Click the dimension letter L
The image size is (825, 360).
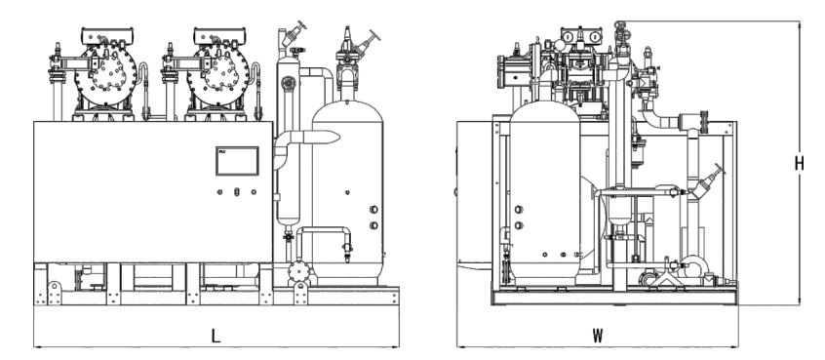[x=216, y=336]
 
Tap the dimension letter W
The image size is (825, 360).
[x=597, y=336]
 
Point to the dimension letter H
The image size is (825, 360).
[x=800, y=164]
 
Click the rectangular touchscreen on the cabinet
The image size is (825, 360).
[x=237, y=161]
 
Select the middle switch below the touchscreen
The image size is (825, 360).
[x=237, y=191]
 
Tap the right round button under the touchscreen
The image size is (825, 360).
[x=254, y=191]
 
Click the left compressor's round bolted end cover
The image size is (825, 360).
[x=105, y=74]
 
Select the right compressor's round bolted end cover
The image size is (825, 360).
[x=218, y=74]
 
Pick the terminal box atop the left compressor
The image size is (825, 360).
[x=107, y=36]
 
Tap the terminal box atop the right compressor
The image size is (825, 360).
[x=220, y=36]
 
